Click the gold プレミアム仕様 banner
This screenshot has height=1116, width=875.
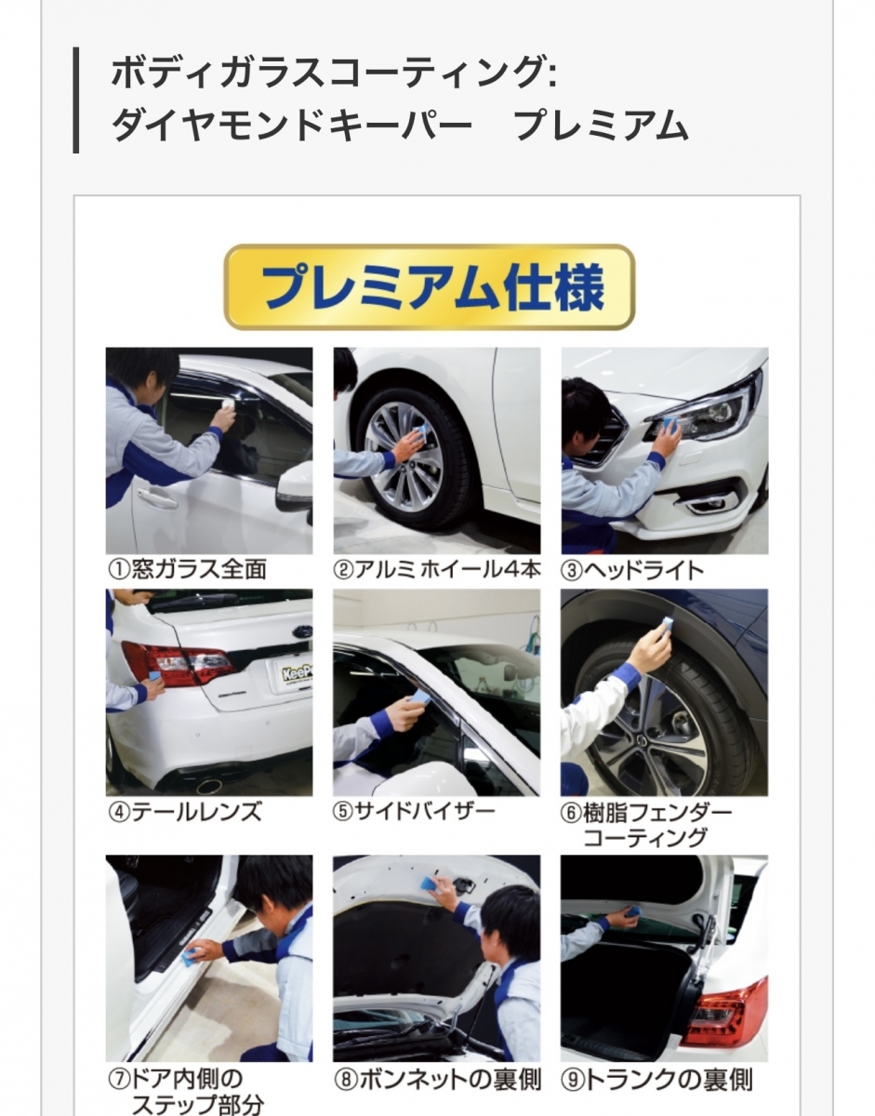coord(430,287)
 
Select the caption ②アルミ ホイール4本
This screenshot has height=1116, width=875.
coord(437,570)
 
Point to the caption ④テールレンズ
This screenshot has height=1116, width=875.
coord(185,813)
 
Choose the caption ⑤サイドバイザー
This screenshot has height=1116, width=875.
coord(414,812)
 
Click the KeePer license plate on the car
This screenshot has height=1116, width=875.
coord(297,672)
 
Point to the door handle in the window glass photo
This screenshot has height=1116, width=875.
coord(154,496)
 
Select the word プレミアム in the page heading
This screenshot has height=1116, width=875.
coord(601,126)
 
